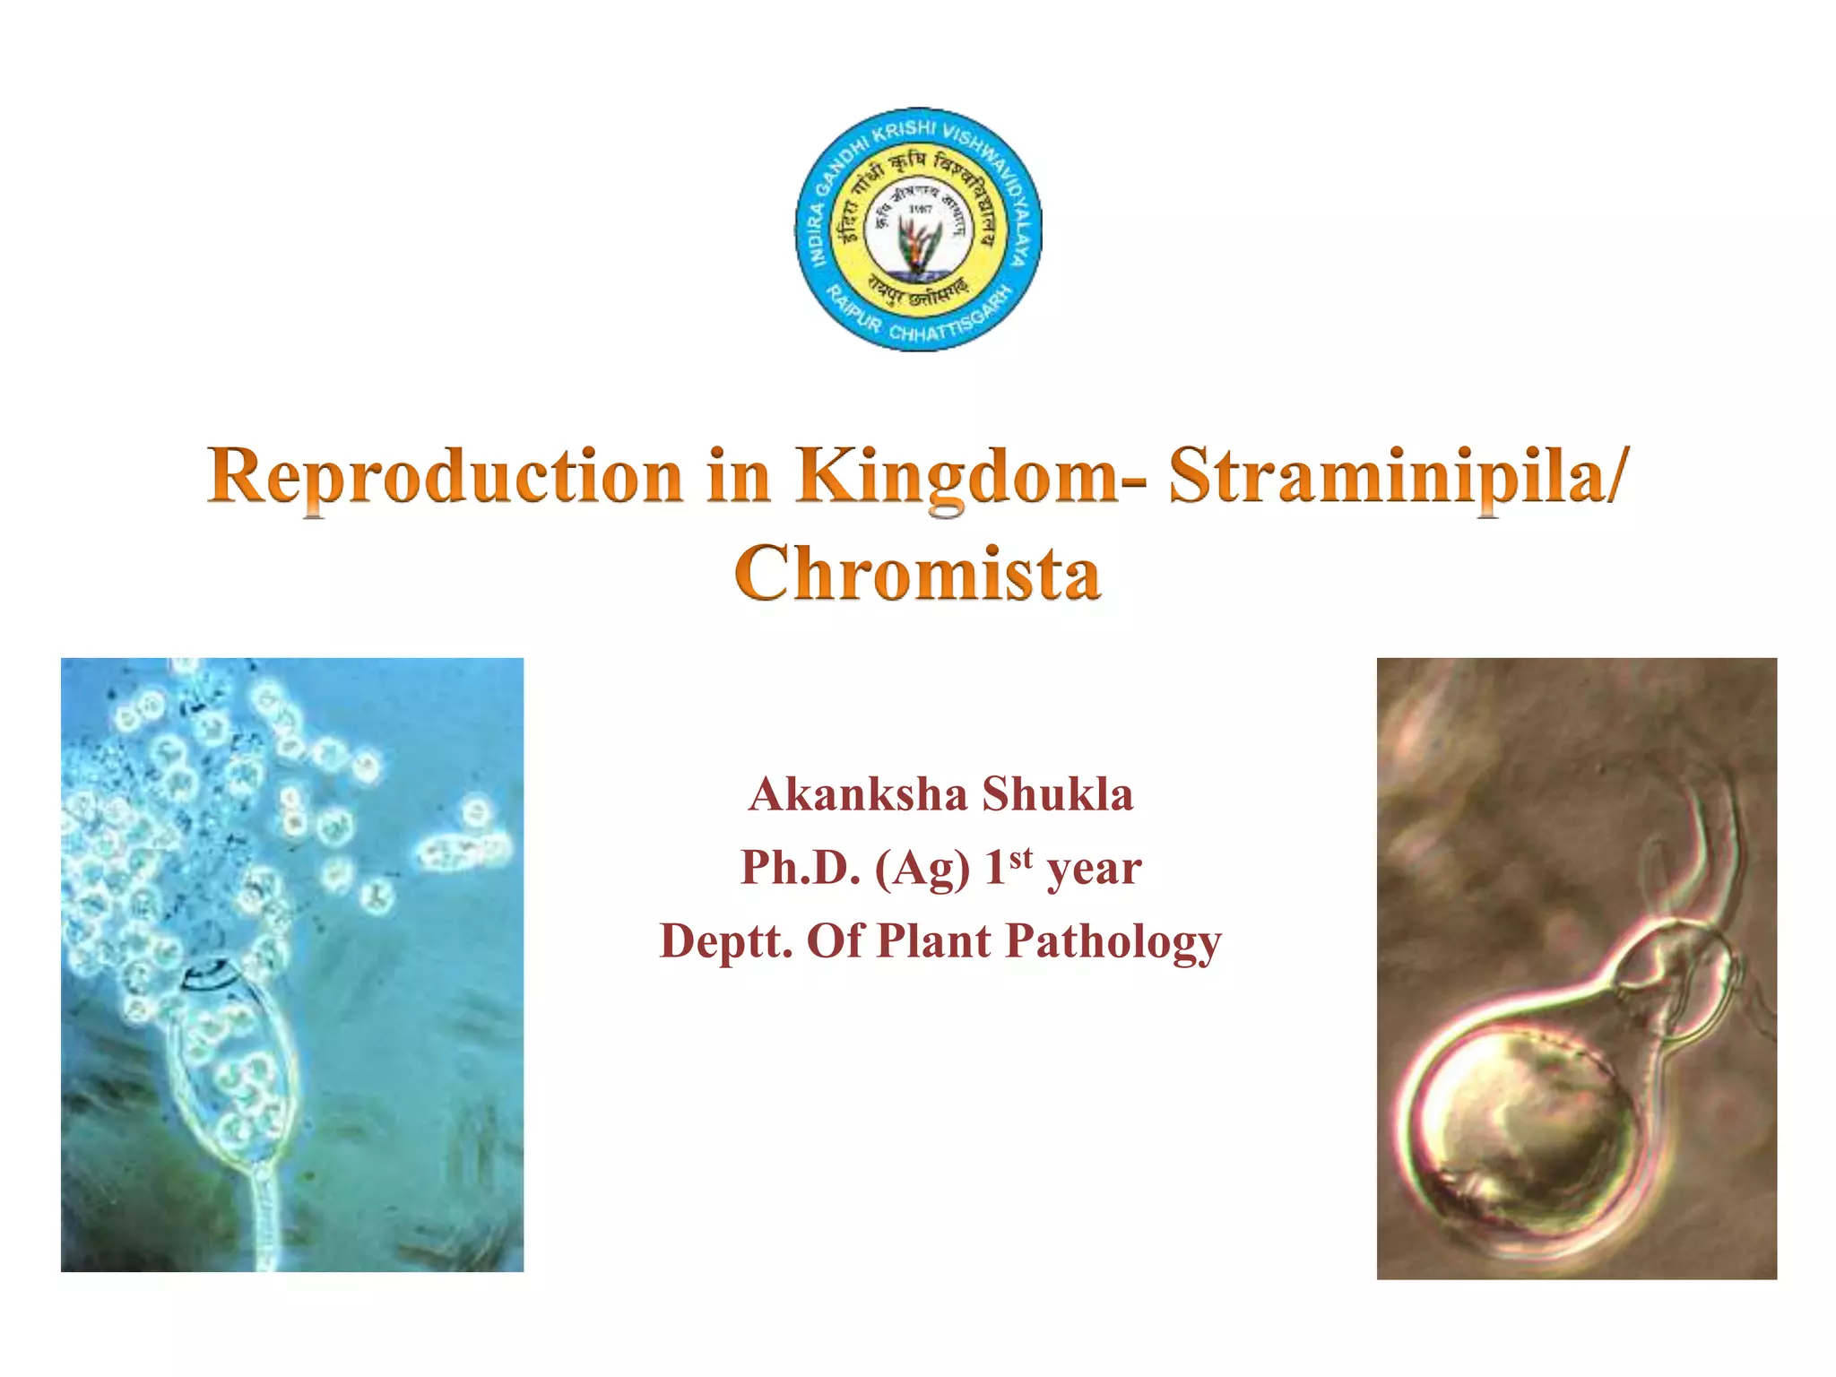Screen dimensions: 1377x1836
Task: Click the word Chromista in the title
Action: pyautogui.click(x=917, y=573)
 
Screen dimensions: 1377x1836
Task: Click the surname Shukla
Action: pyautogui.click(x=1057, y=794)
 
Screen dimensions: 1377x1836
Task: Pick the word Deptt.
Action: pyautogui.click(x=726, y=941)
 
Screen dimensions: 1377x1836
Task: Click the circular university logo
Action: pyautogui.click(x=918, y=229)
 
